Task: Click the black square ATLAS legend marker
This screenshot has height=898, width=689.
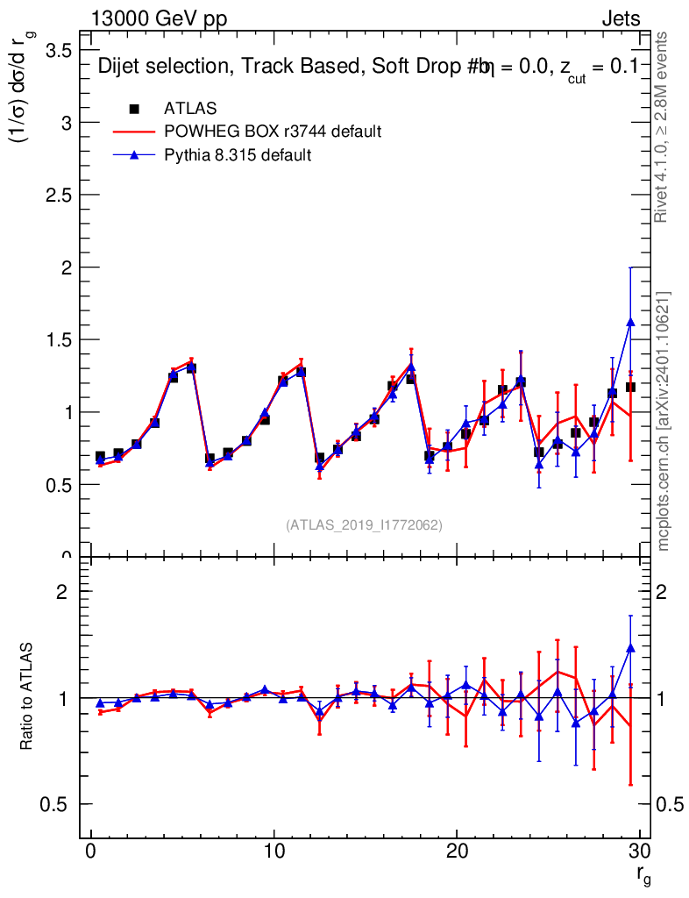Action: tap(134, 109)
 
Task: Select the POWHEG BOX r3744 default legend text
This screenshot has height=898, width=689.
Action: tap(273, 132)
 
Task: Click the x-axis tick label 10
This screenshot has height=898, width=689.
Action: tap(273, 853)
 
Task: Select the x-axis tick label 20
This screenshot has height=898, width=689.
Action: tap(456, 853)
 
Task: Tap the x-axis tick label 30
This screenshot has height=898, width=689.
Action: tap(638, 853)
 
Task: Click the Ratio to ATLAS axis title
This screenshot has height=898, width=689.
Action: tap(27, 696)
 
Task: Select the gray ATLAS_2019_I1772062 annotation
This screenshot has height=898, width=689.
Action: tap(364, 525)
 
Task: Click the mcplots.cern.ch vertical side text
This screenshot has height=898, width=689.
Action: tap(664, 421)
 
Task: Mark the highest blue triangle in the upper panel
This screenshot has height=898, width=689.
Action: tap(630, 323)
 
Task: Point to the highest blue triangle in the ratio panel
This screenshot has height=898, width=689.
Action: tap(630, 648)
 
